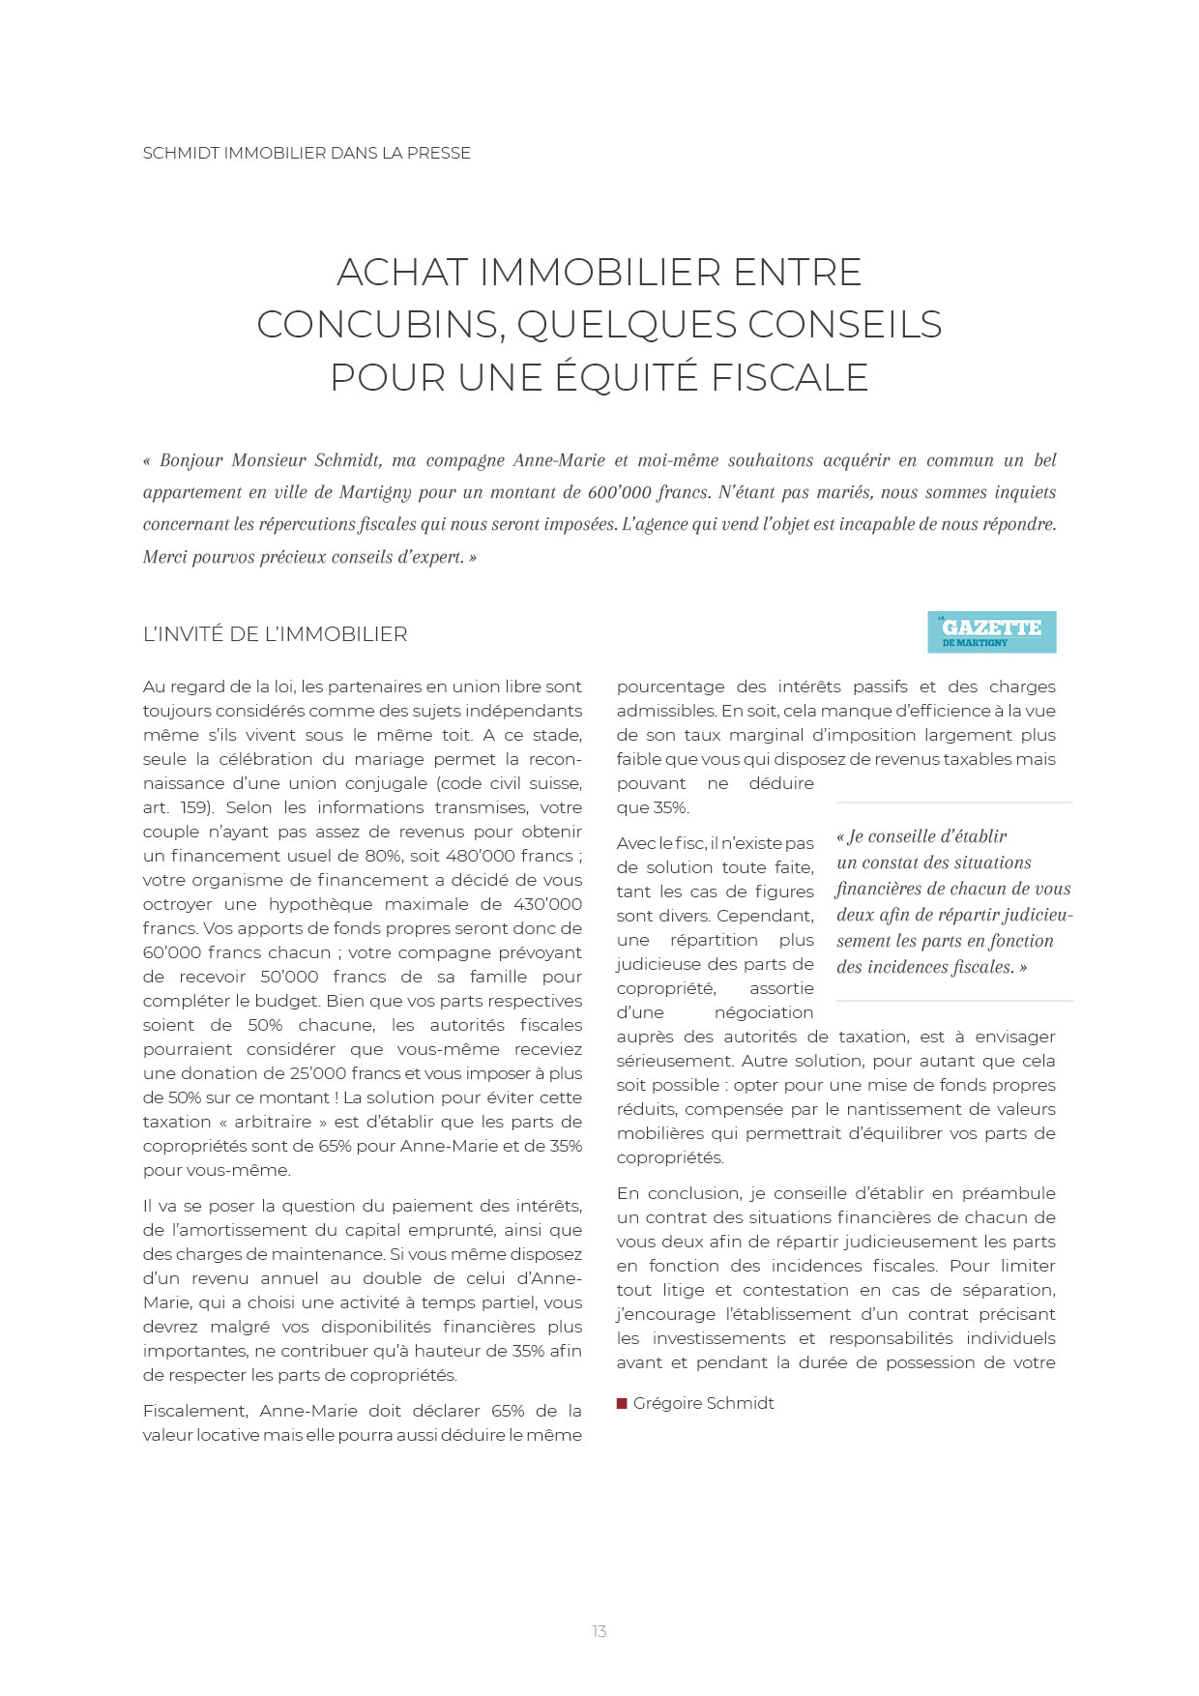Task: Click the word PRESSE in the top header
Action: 439,153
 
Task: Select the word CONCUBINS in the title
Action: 380,324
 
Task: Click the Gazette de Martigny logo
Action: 991,631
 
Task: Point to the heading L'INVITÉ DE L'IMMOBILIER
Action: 275,634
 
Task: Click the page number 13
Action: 599,1631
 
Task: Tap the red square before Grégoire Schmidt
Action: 622,1403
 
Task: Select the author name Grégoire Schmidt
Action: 703,1403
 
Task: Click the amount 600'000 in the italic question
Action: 619,492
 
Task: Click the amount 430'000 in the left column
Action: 545,904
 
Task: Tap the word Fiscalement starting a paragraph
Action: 196,1411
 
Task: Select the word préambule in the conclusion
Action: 1009,1193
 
